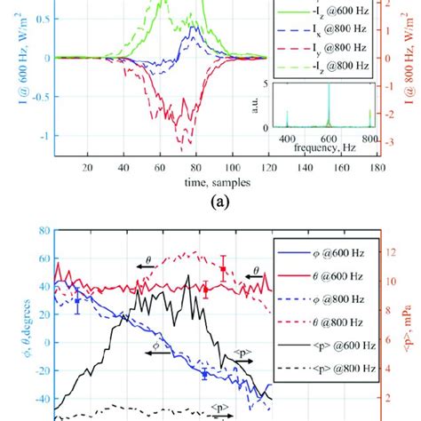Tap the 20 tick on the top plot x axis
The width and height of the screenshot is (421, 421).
click(x=87, y=166)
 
